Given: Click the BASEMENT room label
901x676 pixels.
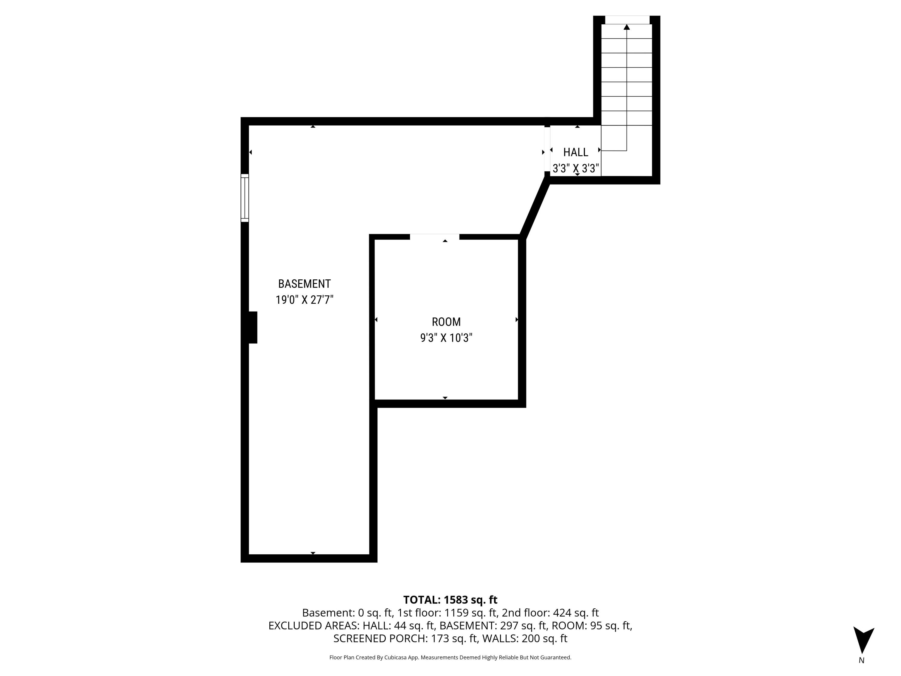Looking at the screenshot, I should click(304, 284).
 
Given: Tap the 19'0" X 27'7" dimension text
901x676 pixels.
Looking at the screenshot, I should click(304, 300).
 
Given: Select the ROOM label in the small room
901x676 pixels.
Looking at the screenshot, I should click(446, 322).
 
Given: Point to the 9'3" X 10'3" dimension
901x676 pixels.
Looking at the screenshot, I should click(446, 338).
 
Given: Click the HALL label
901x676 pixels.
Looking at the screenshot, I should click(575, 152).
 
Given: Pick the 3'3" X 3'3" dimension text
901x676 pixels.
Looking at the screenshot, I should click(575, 168).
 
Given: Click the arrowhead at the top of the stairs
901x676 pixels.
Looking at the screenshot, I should click(626, 27).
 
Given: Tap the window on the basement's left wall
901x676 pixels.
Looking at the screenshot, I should click(245, 198).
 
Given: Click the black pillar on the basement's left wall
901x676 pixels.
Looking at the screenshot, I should click(253, 327).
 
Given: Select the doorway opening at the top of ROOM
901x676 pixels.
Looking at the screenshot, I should click(434, 237).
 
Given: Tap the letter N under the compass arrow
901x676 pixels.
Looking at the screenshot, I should click(861, 660).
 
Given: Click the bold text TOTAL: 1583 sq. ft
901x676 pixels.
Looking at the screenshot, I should click(450, 600).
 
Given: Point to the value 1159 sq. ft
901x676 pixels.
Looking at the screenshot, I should click(470, 613).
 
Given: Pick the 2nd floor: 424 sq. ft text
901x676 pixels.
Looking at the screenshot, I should click(550, 613).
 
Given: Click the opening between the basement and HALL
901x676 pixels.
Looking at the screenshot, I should click(547, 149).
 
